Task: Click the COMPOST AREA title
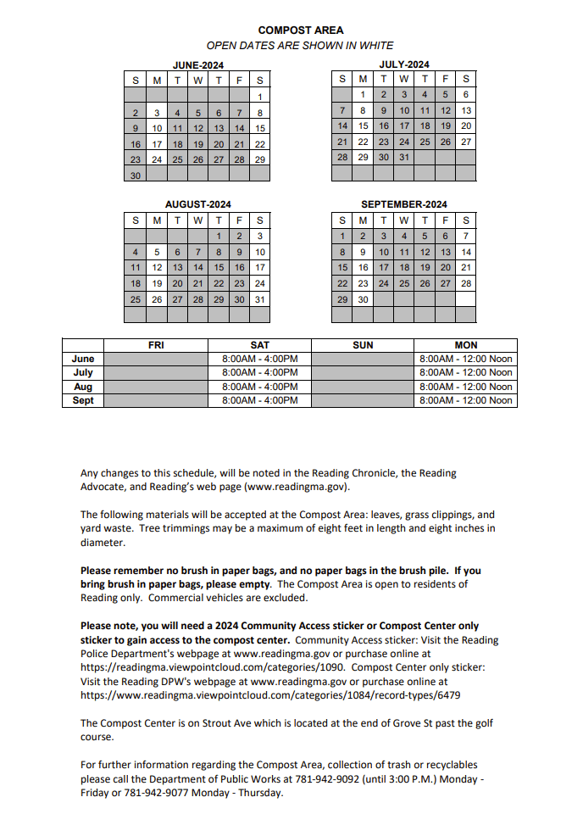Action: [301, 31]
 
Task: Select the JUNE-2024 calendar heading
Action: [197, 65]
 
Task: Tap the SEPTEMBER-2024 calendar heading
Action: [403, 204]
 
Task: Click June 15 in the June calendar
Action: [260, 128]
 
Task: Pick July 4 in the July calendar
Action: [425, 95]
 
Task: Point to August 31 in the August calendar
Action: [260, 299]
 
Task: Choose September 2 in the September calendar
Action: [363, 236]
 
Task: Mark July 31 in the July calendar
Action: [404, 158]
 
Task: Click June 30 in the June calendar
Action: [136, 176]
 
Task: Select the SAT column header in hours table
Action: [259, 345]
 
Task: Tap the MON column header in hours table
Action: [465, 345]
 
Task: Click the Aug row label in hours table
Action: [83, 387]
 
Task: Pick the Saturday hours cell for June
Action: [259, 359]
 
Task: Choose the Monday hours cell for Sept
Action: [465, 400]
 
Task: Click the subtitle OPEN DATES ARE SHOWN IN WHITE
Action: [300, 46]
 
